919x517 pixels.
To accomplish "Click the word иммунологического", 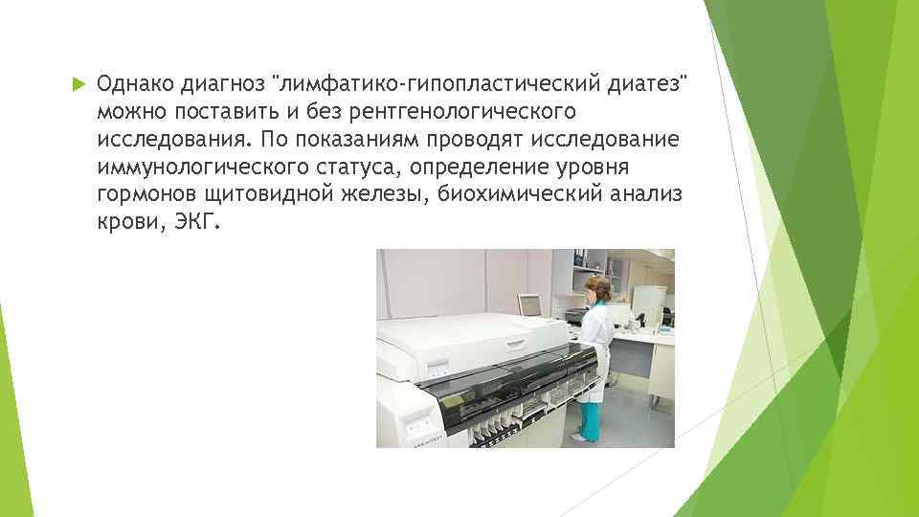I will click(186, 169).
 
